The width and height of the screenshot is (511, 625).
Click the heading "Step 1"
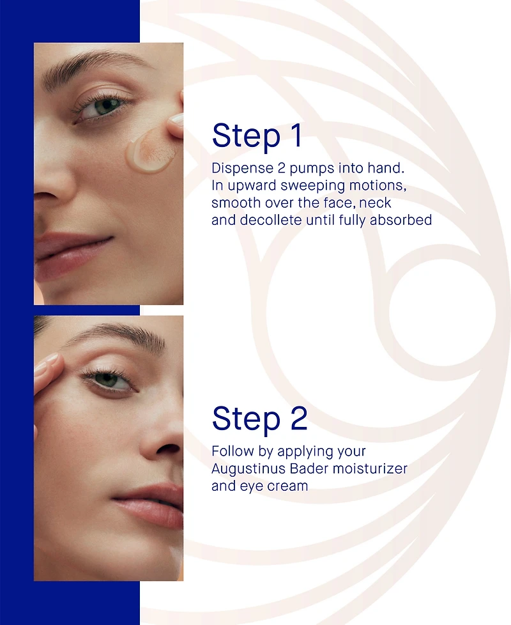[257, 136]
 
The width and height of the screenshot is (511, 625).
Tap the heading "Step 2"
[260, 419]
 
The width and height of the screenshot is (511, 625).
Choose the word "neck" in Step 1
[375, 203]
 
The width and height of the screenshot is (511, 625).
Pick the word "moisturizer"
[370, 469]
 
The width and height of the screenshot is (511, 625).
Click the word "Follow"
[233, 451]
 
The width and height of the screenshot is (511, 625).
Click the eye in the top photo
[103, 107]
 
